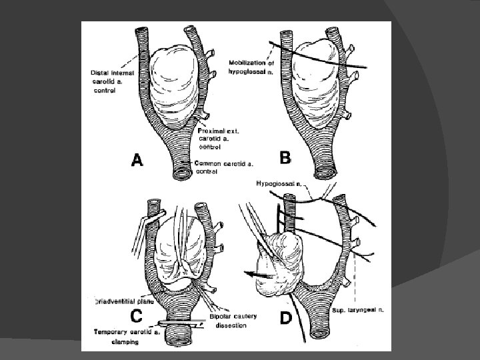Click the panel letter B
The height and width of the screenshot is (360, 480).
(x=286, y=158)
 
